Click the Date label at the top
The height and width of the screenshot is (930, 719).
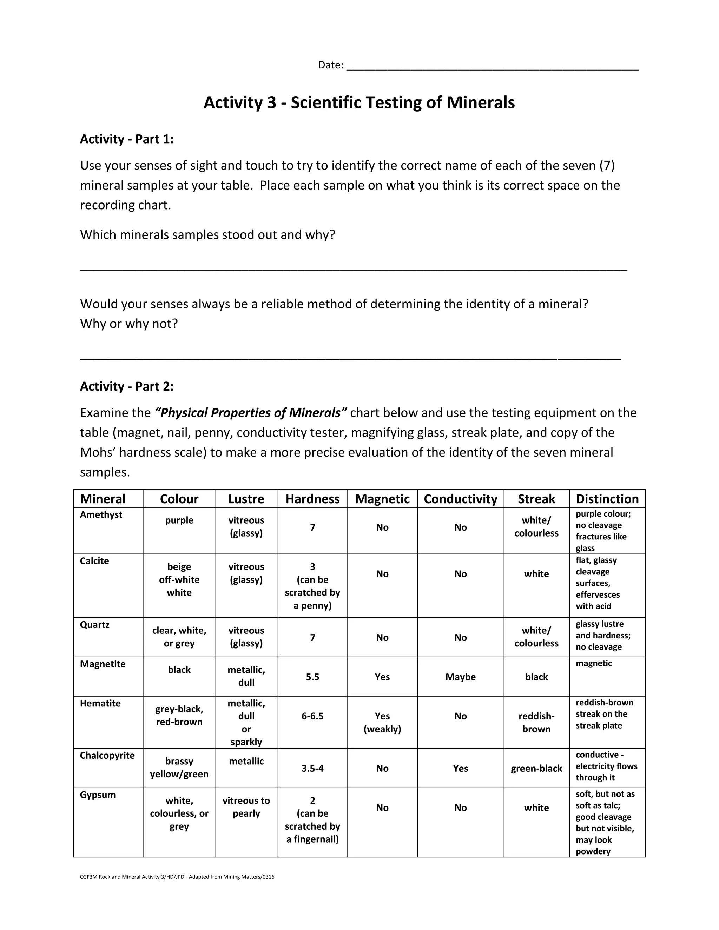pyautogui.click(x=330, y=65)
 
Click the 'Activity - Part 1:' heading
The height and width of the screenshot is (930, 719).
pyautogui.click(x=126, y=139)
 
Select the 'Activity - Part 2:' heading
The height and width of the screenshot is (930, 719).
pyautogui.click(x=126, y=386)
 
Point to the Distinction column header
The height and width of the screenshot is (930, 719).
pyautogui.click(x=607, y=499)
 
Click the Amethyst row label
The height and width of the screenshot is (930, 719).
pyautogui.click(x=101, y=514)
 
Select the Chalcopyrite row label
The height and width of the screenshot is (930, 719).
pyautogui.click(x=107, y=756)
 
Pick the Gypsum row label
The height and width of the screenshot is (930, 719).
pyautogui.click(x=98, y=795)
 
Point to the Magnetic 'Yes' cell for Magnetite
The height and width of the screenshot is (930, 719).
pyautogui.click(x=382, y=677)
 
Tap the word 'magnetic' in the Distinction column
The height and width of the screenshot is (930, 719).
pyautogui.click(x=593, y=663)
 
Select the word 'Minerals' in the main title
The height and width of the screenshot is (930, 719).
pyautogui.click(x=481, y=102)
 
